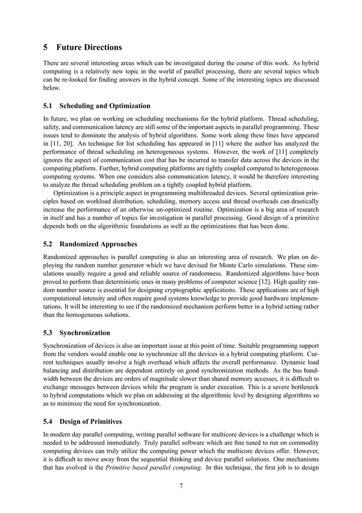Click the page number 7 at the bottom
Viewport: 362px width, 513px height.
[x=180, y=486]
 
